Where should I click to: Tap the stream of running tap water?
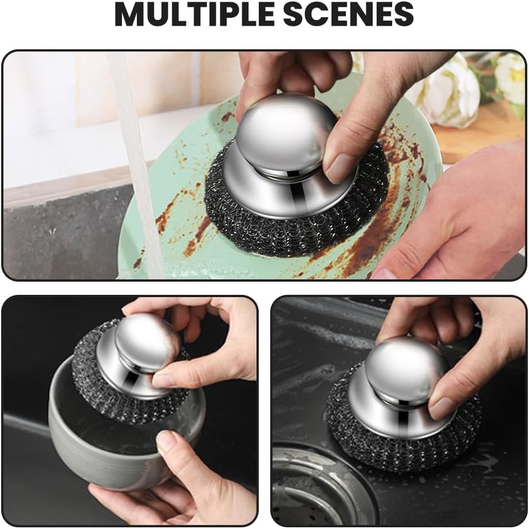(135, 160)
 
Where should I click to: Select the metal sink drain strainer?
(309, 487)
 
